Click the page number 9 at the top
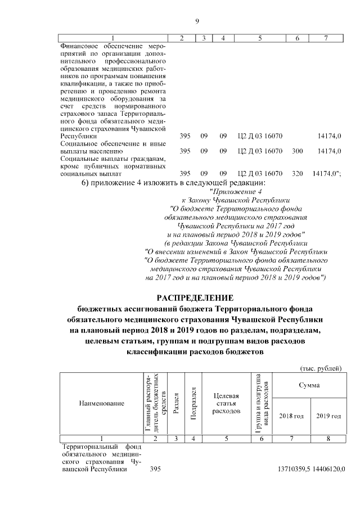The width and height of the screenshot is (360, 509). pos(197,22)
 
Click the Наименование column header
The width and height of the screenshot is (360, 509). pos(101,404)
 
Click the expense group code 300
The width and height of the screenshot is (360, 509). pos(298,151)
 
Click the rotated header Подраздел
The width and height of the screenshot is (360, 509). pos(193,403)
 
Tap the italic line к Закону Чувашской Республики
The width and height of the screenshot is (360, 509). pos(236,200)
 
